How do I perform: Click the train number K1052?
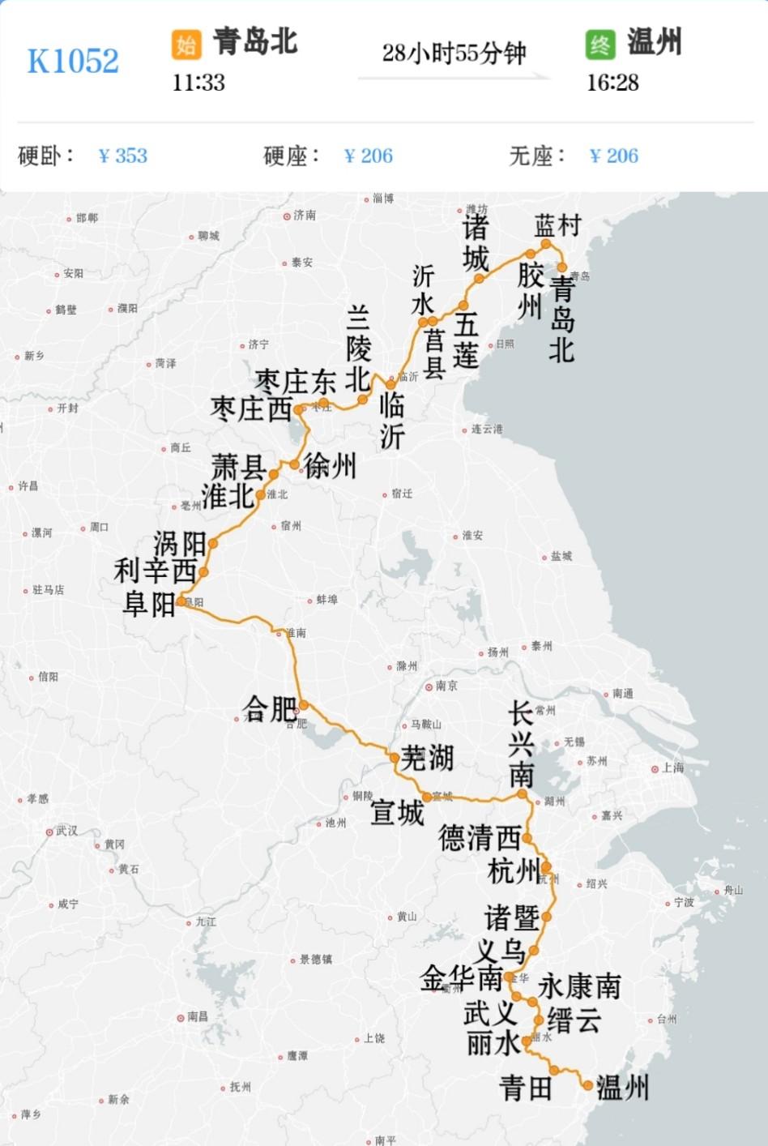point(73,61)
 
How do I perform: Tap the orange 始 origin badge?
point(186,45)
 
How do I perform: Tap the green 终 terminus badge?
point(600,45)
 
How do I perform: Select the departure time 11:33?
point(198,83)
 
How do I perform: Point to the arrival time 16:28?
point(612,83)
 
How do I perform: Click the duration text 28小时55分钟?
point(454,53)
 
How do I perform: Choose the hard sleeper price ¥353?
point(123,156)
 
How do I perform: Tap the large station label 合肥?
point(270,708)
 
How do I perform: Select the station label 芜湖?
point(427,758)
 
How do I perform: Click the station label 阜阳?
point(149,604)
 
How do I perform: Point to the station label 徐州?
point(330,466)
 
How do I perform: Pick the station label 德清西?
point(479,837)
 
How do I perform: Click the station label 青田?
point(526,1088)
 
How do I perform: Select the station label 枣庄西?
point(251,408)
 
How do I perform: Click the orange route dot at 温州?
point(587,1084)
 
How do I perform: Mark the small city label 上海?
point(672,768)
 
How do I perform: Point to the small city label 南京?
point(446,686)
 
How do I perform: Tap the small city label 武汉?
point(66,831)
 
